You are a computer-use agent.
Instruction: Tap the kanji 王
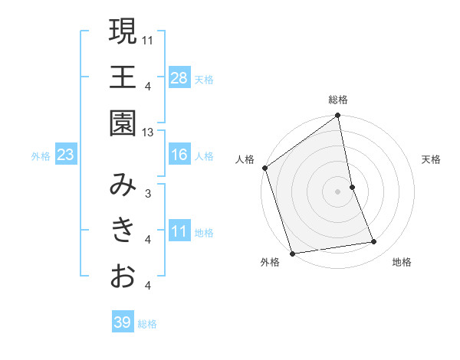pos(123,77)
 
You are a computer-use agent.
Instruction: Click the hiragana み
pos(123,185)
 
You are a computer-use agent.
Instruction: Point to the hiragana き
pos(123,230)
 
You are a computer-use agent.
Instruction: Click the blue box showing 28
pos(179,77)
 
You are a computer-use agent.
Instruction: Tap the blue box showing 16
pos(179,155)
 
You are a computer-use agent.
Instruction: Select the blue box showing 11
pos(179,231)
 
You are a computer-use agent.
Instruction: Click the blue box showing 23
pos(66,155)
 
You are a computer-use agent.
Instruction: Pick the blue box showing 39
pos(123,322)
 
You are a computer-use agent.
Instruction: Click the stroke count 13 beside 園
pos(148,133)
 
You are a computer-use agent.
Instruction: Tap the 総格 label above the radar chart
pos(338,100)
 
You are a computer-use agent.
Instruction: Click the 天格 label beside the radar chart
pos(432,159)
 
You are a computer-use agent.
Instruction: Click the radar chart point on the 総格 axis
pos(338,116)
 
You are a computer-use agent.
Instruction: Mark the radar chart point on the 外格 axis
pos(292,253)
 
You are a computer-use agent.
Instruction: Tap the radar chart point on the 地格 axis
pos(374,242)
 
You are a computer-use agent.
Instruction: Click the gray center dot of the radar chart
pos(338,191)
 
